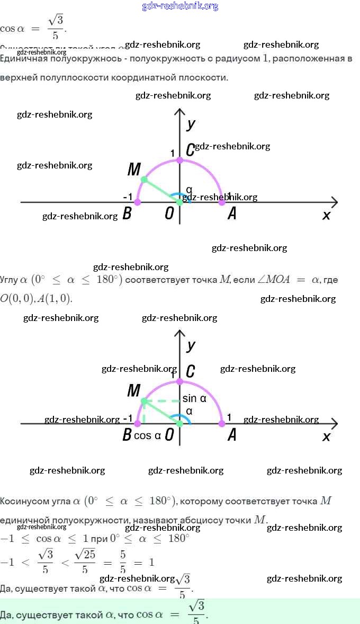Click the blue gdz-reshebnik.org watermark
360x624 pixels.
pos(180,6)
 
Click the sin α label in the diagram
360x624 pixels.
pos(194,399)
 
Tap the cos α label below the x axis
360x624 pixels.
pos(147,436)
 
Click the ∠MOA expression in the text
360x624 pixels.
pos(274,280)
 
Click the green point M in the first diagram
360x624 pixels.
pos(144,180)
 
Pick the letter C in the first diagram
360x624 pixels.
pos(190,150)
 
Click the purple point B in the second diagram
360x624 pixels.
pos(138,424)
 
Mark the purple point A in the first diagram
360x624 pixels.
pos(222,202)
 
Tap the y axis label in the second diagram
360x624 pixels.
pos(191,345)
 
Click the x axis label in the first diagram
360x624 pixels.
pos(326,215)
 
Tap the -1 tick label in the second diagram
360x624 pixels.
pos(128,418)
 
